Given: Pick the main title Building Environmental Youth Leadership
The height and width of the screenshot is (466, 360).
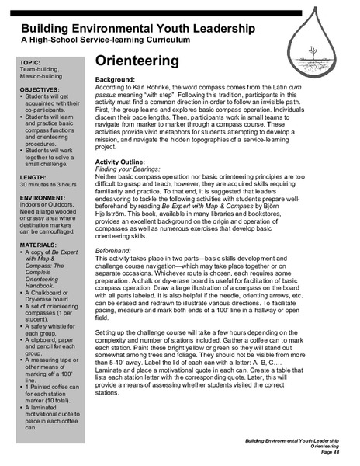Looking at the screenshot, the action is (x=128, y=27).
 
